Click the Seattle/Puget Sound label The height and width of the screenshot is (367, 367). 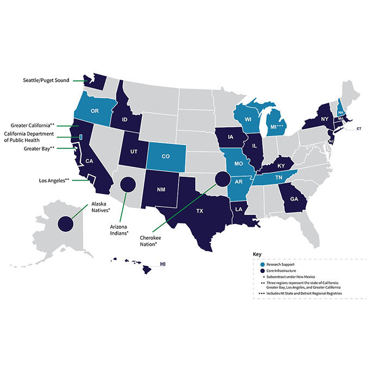[46, 80]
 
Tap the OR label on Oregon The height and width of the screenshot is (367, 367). [94, 111]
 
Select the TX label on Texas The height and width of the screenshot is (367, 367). [199, 210]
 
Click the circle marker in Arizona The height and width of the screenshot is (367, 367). [127, 185]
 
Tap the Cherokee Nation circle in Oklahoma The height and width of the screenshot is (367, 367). [222, 178]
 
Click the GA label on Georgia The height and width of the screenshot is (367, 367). [294, 199]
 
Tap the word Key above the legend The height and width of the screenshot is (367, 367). [258, 254]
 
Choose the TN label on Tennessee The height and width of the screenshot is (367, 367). [278, 177]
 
